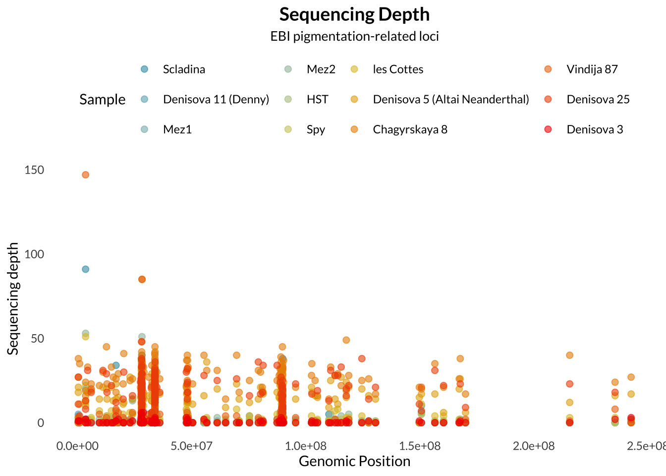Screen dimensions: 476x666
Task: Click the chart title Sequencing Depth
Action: pos(354,14)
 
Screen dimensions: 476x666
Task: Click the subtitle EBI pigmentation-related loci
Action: pos(354,36)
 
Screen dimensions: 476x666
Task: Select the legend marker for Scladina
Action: pos(144,69)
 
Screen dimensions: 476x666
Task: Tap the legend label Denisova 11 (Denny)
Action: pos(216,99)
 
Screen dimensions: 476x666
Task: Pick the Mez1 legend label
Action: pos(177,129)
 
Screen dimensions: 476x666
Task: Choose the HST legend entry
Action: pos(317,99)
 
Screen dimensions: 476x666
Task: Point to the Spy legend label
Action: pos(316,129)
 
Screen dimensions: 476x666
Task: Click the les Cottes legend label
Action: pos(398,69)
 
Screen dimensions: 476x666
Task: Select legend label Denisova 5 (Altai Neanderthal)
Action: pos(451,99)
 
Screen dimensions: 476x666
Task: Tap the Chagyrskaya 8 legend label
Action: pos(410,129)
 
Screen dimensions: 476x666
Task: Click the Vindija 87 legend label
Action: pos(592,69)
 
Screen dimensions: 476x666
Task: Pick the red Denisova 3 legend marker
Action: pos(548,129)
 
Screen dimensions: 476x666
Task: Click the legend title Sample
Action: pos(102,99)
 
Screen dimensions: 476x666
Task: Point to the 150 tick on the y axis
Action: pos(34,170)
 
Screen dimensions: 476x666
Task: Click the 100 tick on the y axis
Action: pos(34,254)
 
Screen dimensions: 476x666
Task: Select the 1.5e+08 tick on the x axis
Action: pos(420,446)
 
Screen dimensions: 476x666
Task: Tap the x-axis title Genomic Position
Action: pos(354,462)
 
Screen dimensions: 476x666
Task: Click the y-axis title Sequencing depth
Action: pos(13,298)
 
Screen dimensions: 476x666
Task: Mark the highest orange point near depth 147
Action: pos(85,175)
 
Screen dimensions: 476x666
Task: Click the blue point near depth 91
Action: pos(85,269)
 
